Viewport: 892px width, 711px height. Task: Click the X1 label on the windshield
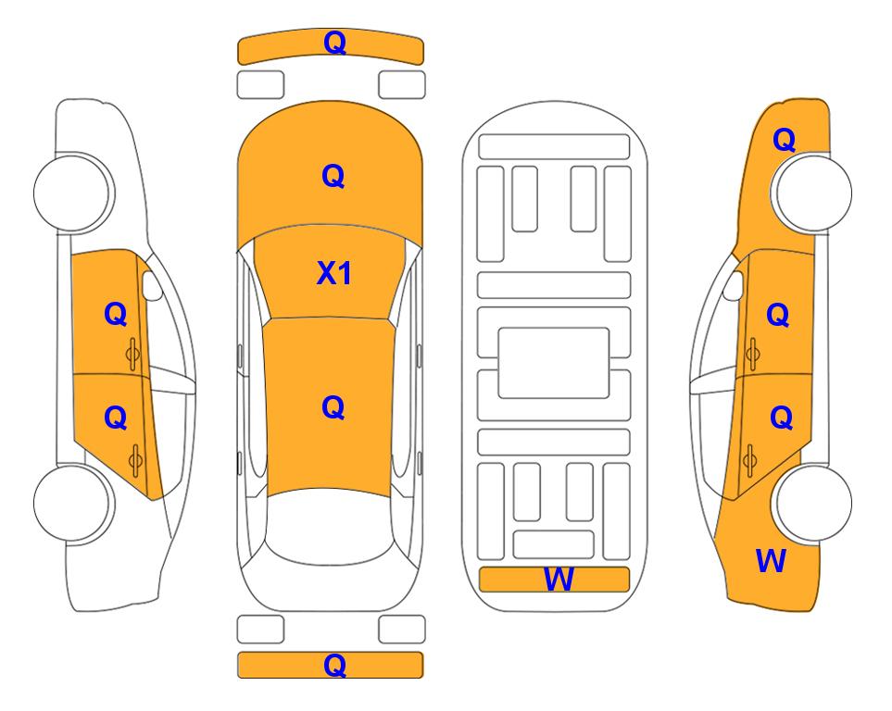click(x=334, y=273)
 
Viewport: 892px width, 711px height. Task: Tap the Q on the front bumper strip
click(x=334, y=43)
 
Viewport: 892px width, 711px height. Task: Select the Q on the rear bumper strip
click(x=334, y=665)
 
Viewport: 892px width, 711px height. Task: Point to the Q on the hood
click(x=333, y=176)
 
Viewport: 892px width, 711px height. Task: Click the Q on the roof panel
click(x=333, y=407)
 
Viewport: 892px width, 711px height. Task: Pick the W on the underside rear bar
click(x=559, y=580)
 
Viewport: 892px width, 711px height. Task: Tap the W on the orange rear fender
click(x=771, y=560)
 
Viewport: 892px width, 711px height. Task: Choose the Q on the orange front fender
click(x=784, y=140)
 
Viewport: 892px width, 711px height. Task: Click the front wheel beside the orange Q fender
click(x=812, y=193)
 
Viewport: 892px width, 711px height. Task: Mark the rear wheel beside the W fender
click(x=812, y=504)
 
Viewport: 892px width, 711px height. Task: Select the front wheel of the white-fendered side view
click(x=73, y=193)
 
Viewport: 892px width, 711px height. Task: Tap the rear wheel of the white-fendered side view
click(x=73, y=504)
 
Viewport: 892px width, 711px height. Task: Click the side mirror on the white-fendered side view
click(x=152, y=285)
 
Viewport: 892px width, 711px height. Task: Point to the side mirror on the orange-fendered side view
click(x=734, y=285)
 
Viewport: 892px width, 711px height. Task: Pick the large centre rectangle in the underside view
click(x=554, y=363)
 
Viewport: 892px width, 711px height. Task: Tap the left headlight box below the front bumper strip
click(x=260, y=85)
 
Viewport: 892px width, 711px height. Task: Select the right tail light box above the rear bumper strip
click(x=402, y=630)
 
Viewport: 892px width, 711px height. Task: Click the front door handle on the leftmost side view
click(x=132, y=354)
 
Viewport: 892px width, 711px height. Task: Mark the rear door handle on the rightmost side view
click(x=749, y=461)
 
